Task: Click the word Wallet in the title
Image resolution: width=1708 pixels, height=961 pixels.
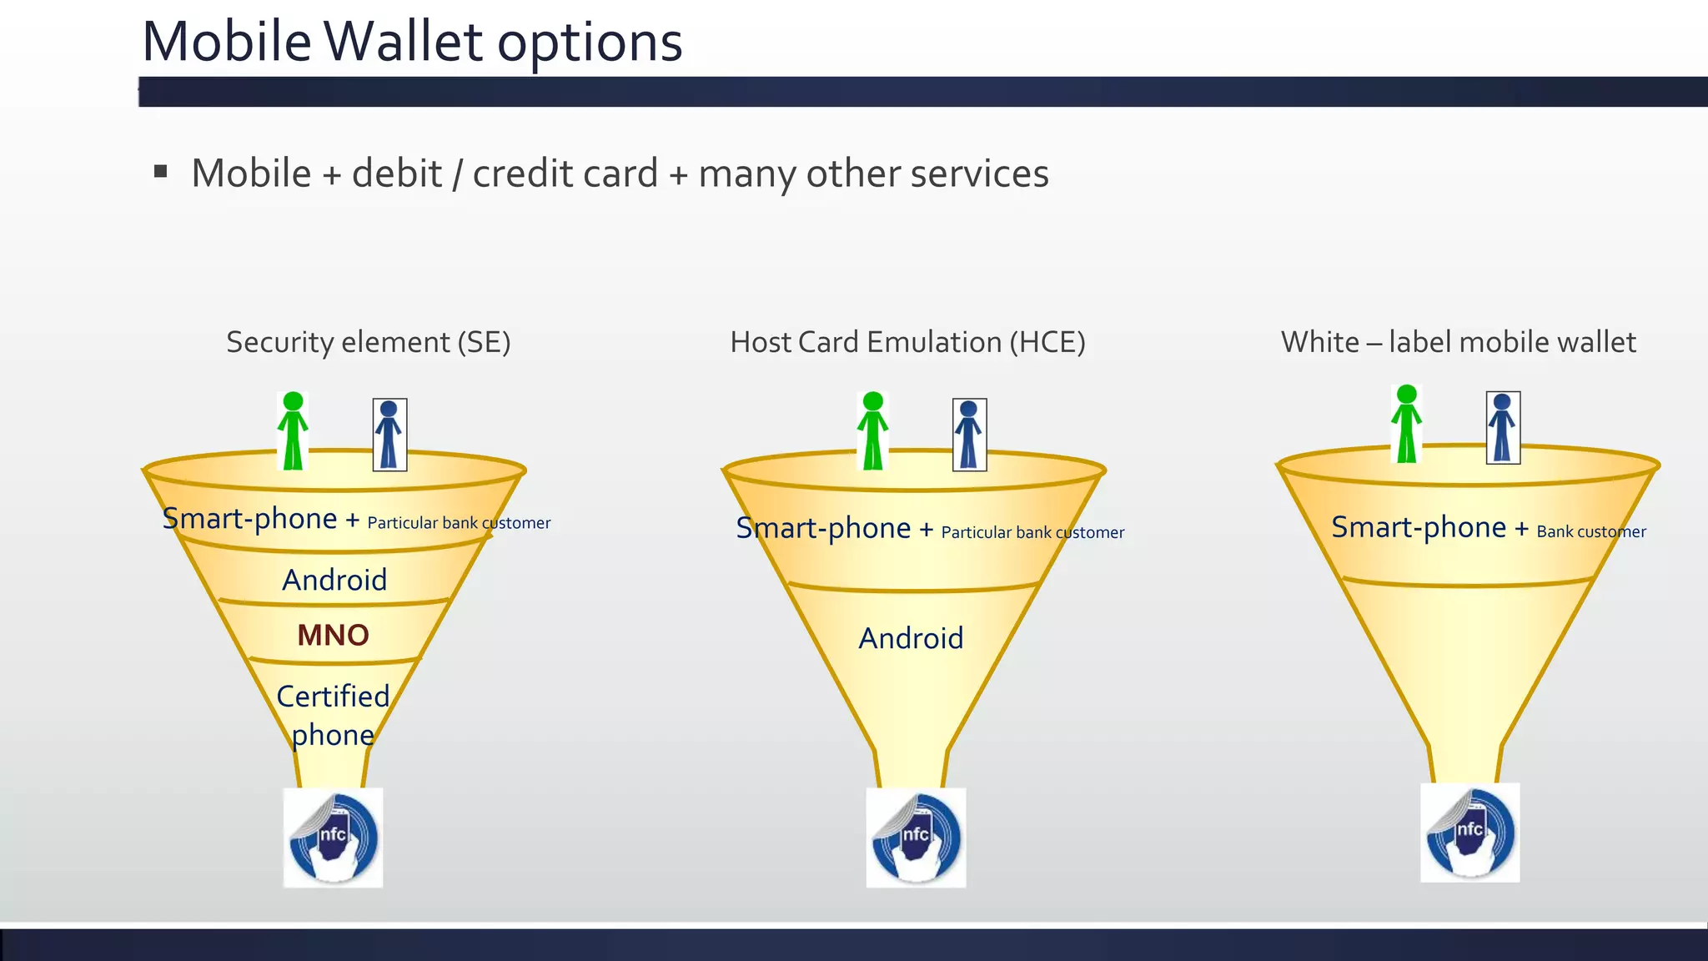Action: (x=403, y=42)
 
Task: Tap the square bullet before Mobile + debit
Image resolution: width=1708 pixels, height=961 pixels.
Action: (x=161, y=172)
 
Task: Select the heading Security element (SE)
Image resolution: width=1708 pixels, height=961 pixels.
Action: (x=368, y=342)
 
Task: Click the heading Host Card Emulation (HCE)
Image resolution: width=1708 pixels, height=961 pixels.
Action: (x=907, y=342)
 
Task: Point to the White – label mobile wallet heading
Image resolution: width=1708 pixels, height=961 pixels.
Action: (x=1458, y=342)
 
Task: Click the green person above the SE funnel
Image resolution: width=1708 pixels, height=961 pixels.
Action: (x=293, y=431)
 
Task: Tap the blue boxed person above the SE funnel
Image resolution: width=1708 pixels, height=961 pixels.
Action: (x=389, y=435)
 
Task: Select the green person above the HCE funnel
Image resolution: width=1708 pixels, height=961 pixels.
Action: (x=872, y=431)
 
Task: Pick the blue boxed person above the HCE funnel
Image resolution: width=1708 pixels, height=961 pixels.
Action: (x=969, y=435)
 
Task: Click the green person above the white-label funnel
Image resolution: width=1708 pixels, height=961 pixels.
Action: (x=1407, y=425)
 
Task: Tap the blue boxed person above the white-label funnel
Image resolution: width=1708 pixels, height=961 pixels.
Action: (x=1503, y=428)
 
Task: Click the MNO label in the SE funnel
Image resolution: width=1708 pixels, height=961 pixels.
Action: (x=333, y=636)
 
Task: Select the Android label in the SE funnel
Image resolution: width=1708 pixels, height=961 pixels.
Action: (x=334, y=580)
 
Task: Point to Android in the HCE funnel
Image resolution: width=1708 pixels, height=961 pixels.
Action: (x=911, y=638)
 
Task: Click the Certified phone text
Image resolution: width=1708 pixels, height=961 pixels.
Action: (x=333, y=715)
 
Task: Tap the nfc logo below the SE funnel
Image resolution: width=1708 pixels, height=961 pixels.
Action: (x=334, y=838)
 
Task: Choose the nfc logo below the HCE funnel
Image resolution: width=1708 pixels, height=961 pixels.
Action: (x=916, y=838)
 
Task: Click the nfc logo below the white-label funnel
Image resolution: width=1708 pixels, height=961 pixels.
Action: (x=1469, y=833)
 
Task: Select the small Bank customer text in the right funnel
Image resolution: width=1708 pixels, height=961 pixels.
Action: (x=1591, y=531)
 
